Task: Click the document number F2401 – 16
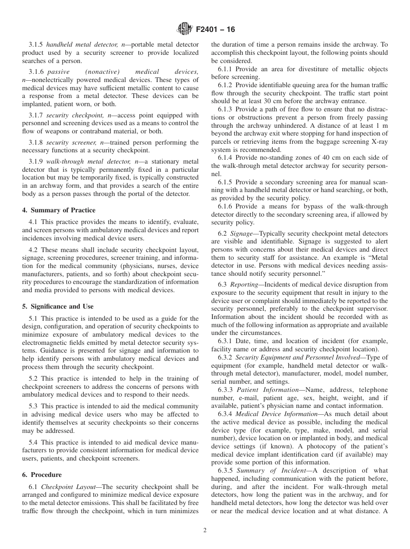pos(215,30)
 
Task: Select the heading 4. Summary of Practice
pos(59,210)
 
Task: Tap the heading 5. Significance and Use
pos(57,306)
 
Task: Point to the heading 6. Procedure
pos(42,475)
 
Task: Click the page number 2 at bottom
pos(205,530)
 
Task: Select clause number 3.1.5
pos(36,44)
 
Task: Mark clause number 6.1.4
pos(225,158)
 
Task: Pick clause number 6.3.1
pos(225,341)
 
